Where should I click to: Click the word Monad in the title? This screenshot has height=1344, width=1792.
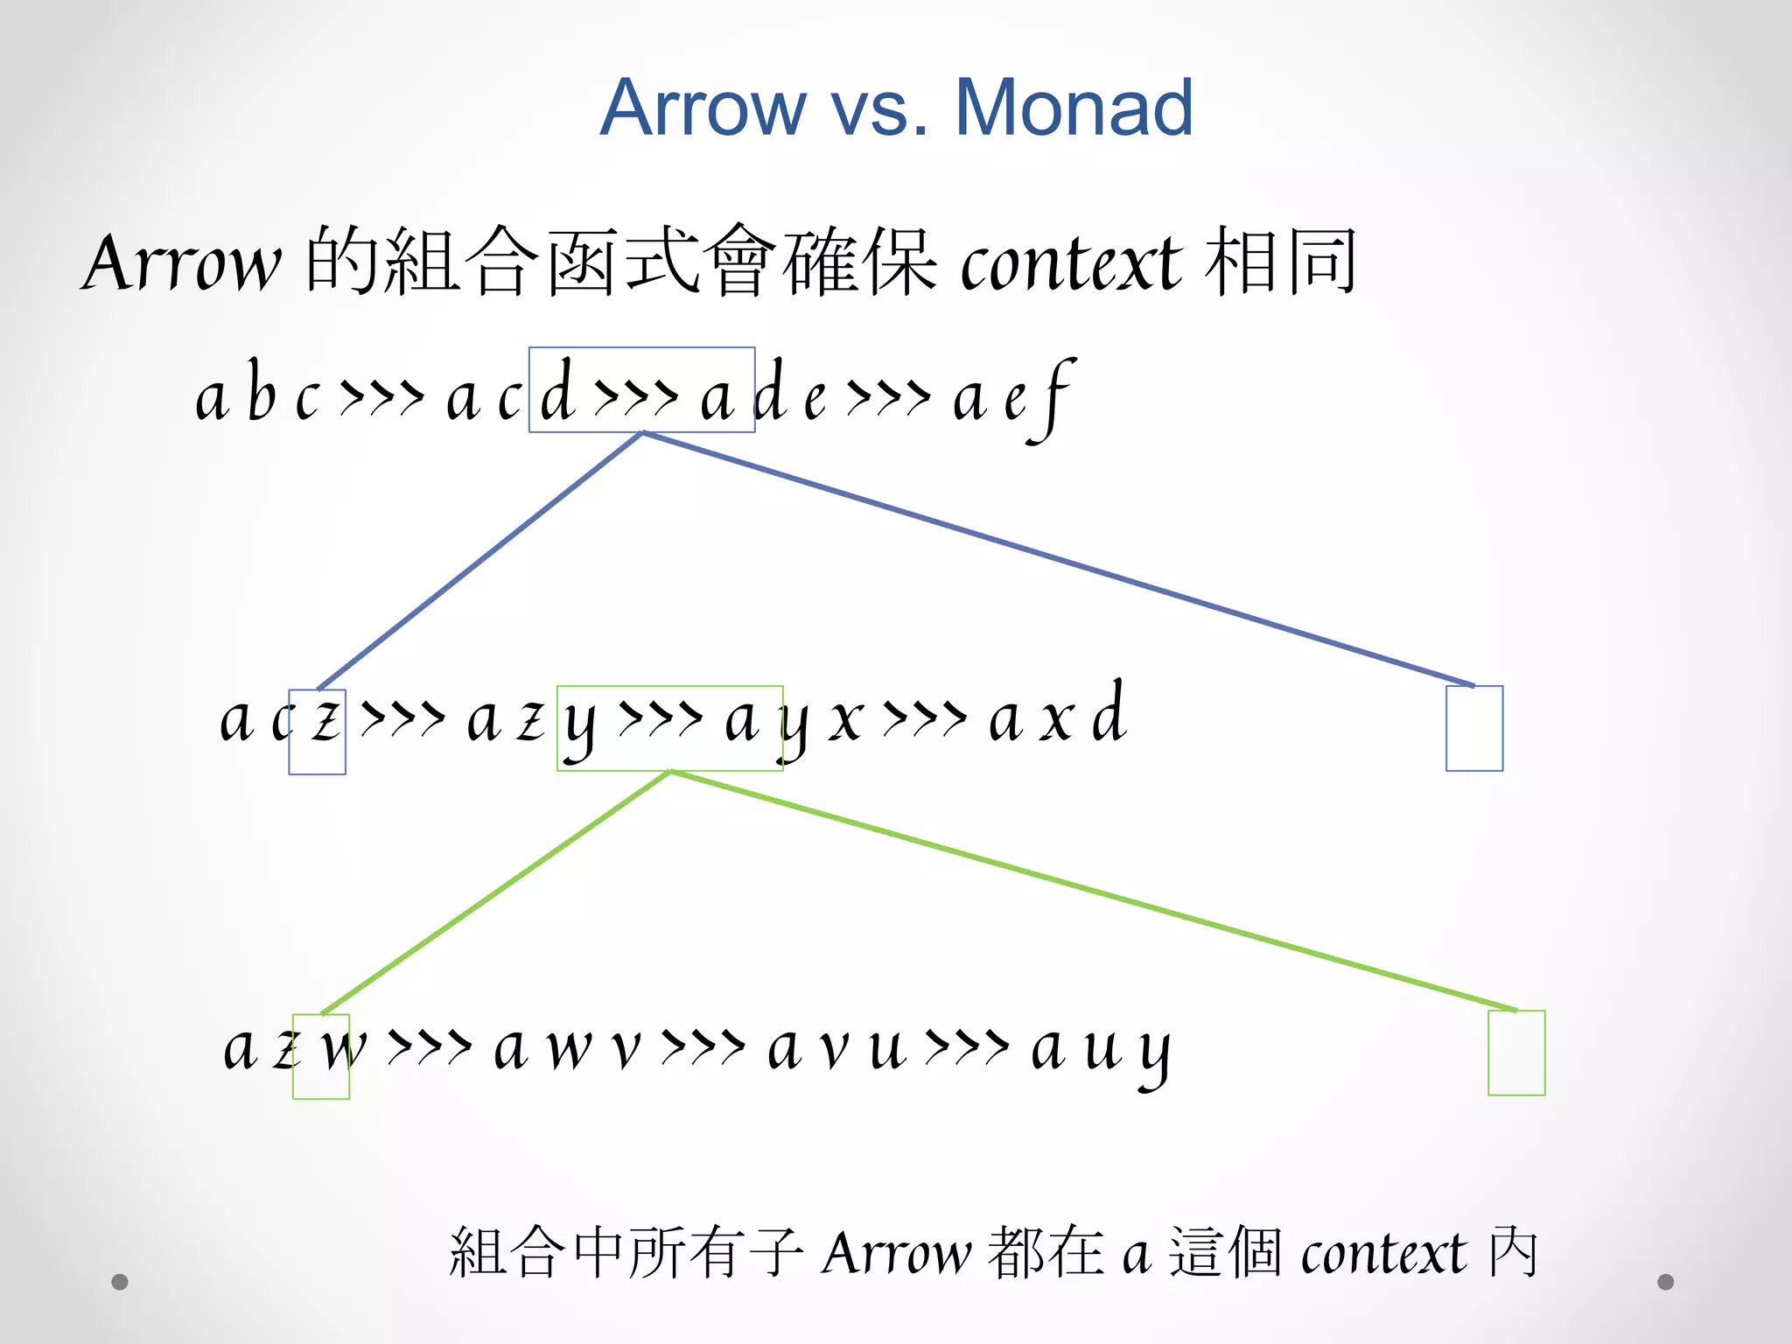coord(1074,108)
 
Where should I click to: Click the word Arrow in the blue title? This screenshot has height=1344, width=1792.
coord(703,108)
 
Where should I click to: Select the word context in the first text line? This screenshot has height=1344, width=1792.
coord(1071,262)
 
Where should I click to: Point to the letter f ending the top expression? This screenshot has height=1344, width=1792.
coord(1057,398)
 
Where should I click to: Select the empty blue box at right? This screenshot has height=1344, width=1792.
coord(1473,728)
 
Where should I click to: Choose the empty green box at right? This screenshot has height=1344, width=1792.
coord(1515,1053)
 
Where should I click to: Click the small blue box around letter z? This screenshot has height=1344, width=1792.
coord(317,731)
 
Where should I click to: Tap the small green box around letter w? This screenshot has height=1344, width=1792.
coord(321,1056)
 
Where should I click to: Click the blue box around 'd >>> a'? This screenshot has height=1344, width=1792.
coord(641,389)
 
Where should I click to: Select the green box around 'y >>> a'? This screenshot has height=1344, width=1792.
coord(669,728)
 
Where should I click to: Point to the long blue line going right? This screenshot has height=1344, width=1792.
coord(1059,559)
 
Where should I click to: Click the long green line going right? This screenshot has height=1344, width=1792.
coord(1094,892)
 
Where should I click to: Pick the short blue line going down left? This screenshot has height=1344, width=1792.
coord(479,561)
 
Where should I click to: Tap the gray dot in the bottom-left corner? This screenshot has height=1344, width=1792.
coord(120,1282)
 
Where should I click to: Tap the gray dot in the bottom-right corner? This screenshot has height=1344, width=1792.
coord(1665,1282)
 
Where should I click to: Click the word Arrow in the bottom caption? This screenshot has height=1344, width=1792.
coord(896,1253)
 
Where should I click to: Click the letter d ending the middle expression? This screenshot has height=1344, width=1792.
coord(1109,714)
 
